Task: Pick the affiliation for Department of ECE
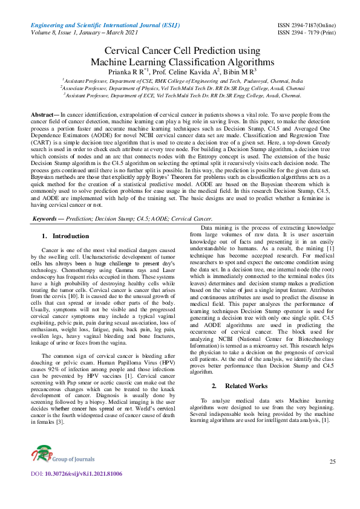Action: (x=182, y=95)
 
